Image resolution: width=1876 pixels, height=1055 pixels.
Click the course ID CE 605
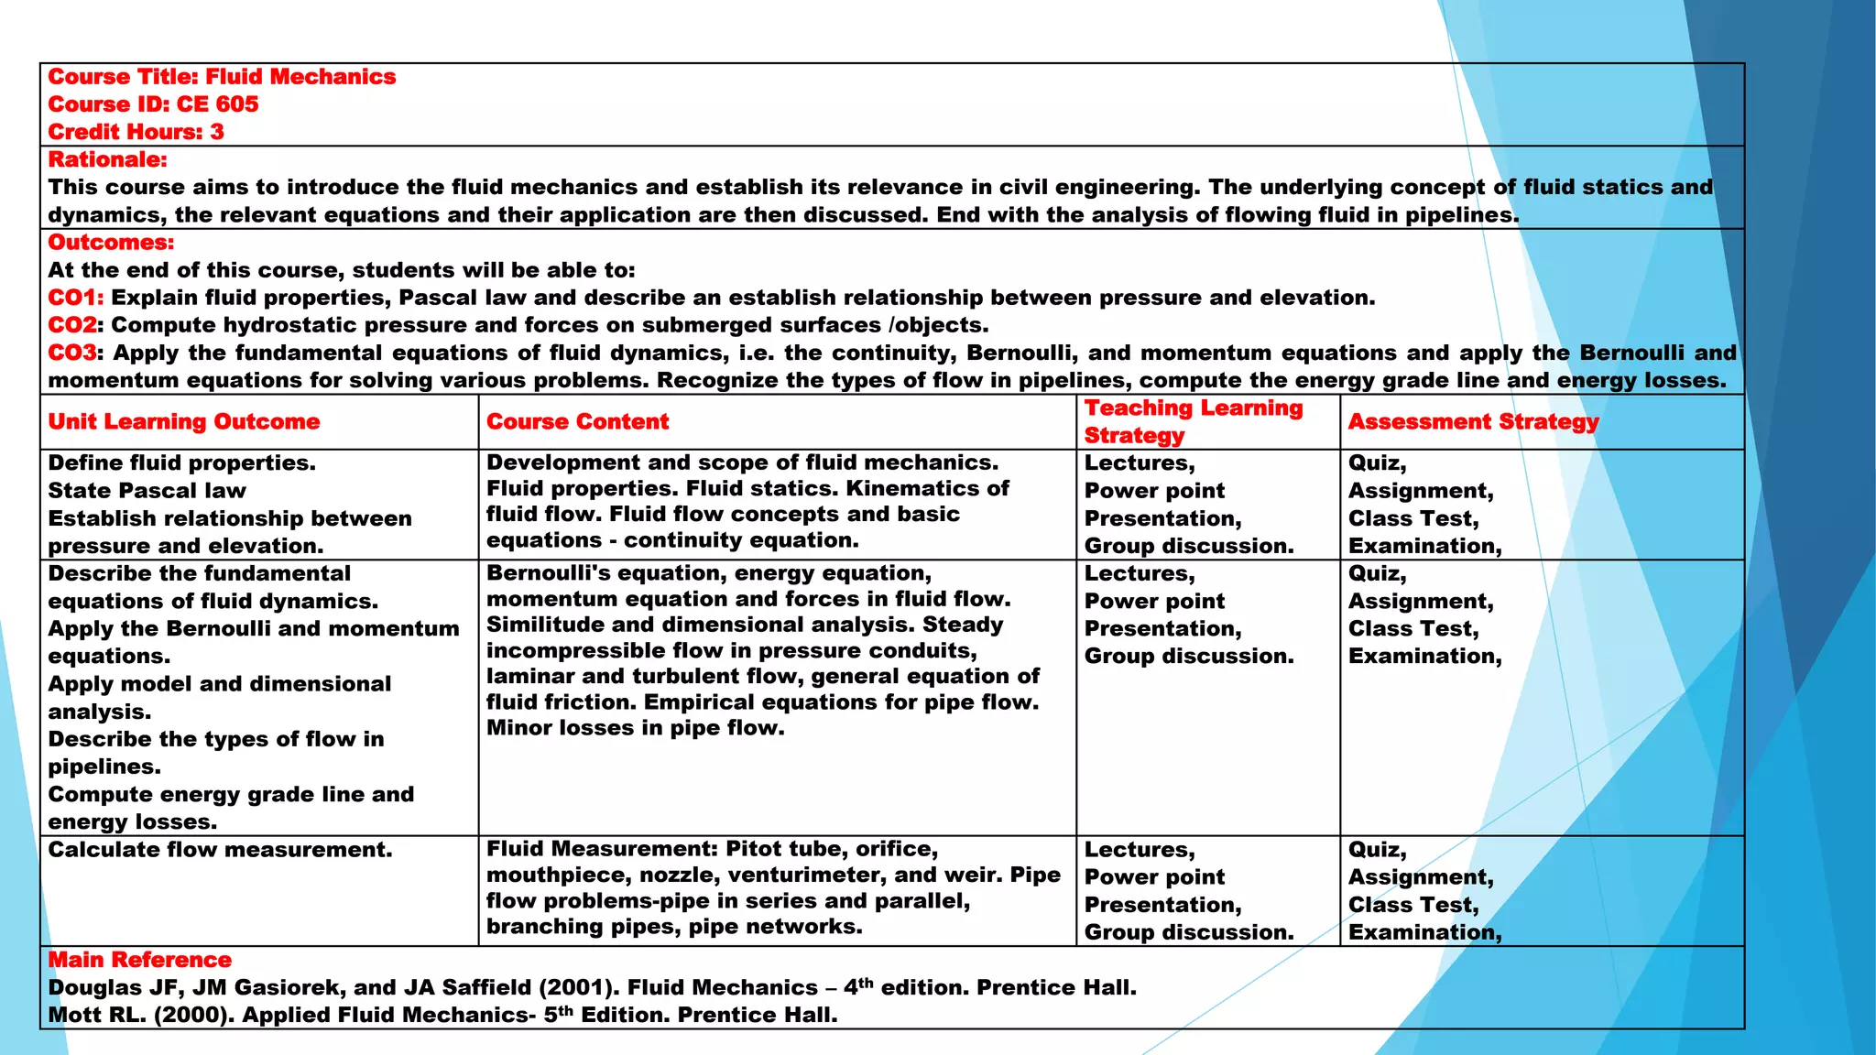(217, 104)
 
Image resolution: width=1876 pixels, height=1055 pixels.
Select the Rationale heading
(107, 159)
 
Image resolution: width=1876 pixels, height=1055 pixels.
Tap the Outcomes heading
(111, 243)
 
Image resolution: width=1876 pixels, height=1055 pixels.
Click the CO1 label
(74, 298)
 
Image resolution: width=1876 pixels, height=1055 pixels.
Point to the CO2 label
(72, 325)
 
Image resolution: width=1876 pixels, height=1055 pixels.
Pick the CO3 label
(73, 353)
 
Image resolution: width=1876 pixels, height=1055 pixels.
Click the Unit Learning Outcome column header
(183, 421)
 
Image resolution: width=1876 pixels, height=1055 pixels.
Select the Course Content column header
(577, 421)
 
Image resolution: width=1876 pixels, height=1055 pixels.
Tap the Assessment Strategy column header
(1473, 421)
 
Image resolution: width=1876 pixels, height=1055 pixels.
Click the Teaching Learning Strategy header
(1193, 421)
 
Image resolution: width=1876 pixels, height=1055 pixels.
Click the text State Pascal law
(147, 491)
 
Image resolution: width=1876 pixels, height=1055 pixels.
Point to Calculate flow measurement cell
(220, 850)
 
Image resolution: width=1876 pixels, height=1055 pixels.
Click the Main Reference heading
(139, 960)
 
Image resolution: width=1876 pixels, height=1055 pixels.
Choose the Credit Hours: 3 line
(136, 132)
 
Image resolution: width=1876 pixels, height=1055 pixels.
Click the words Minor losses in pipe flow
(635, 728)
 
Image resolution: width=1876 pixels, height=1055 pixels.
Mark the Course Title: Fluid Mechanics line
(222, 77)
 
